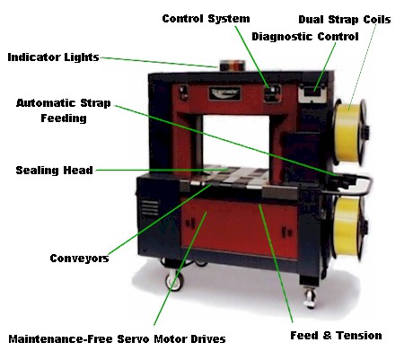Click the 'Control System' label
(206, 19)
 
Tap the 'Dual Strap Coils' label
(345, 20)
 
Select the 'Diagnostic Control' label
(305, 37)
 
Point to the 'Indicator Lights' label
(53, 57)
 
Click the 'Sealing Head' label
(54, 171)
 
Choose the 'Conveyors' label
(79, 259)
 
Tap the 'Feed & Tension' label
(336, 335)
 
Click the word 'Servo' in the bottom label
(133, 339)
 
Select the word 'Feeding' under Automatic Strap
(64, 119)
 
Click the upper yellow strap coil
(349, 132)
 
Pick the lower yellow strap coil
(348, 226)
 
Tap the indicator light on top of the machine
(233, 66)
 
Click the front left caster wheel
(174, 281)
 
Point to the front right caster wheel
(310, 297)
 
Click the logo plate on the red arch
(224, 93)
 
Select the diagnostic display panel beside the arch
(312, 92)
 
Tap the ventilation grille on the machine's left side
(150, 207)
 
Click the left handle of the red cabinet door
(190, 224)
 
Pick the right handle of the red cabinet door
(286, 233)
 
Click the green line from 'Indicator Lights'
(160, 62)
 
